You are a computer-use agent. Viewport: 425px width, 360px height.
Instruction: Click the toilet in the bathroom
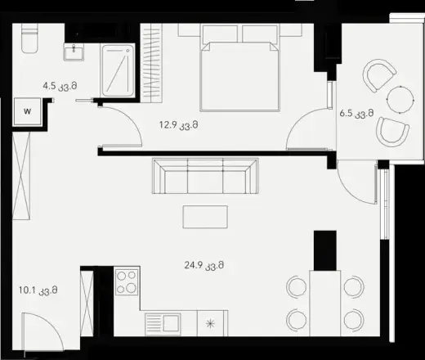pyautogui.click(x=29, y=38)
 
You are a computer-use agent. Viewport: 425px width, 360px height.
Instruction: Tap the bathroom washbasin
pyautogui.click(x=74, y=52)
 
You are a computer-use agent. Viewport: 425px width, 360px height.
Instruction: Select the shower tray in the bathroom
pyautogui.click(x=118, y=70)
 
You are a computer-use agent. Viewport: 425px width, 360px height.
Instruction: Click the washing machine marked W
pyautogui.click(x=27, y=111)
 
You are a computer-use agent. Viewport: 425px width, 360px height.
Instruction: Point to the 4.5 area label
pyautogui.click(x=60, y=86)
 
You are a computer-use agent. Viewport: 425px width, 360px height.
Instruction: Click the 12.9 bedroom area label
pyautogui.click(x=178, y=125)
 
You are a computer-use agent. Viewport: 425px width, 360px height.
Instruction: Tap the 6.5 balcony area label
pyautogui.click(x=356, y=113)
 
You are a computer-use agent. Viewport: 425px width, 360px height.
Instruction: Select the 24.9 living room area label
pyautogui.click(x=204, y=265)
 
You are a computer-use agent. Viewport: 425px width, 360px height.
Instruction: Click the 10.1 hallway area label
pyautogui.click(x=38, y=290)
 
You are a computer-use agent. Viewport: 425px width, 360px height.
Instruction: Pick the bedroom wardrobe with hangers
pyautogui.click(x=153, y=63)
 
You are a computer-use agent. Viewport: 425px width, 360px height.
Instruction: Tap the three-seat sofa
pyautogui.click(x=205, y=176)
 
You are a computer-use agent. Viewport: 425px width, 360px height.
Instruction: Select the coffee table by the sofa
pyautogui.click(x=205, y=217)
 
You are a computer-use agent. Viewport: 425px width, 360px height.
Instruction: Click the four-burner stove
pyautogui.click(x=127, y=281)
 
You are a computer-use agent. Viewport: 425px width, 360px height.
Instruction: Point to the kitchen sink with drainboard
pyautogui.click(x=163, y=324)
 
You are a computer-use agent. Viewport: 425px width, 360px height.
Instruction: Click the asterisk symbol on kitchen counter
pyautogui.click(x=210, y=324)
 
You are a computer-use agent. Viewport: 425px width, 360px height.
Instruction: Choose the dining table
pyautogui.click(x=325, y=303)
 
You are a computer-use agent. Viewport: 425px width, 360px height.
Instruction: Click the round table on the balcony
pyautogui.click(x=400, y=100)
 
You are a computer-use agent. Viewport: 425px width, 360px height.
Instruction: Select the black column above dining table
pyautogui.click(x=325, y=250)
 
